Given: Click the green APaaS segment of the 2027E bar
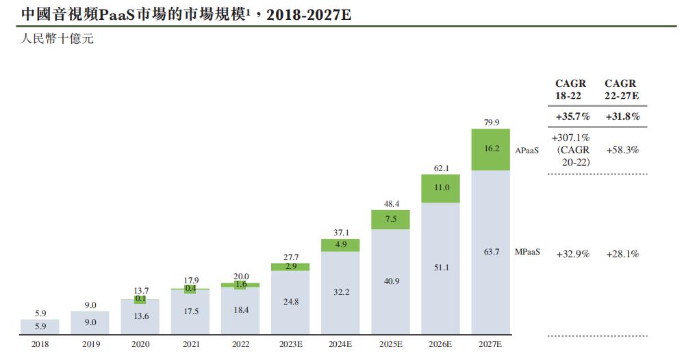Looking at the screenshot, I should pos(491,149).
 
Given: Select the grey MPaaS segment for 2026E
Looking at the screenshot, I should pos(440,268).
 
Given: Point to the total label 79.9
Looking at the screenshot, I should pos(491,123).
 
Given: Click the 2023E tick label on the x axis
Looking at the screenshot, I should pos(290,344).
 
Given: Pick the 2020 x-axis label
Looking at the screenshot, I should pos(140,344).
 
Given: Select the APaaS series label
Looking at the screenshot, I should pos(527,148).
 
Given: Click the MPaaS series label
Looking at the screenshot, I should pos(528,252).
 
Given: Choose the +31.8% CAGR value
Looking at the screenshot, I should pos(622,116).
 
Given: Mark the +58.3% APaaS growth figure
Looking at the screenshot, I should pos(622,150).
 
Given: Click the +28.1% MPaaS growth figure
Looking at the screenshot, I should pos(622,254).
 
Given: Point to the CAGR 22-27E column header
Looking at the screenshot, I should pos(622,90).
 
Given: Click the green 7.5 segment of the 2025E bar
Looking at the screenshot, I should pos(390,219).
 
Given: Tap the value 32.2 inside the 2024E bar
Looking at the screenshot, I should pos(340,292).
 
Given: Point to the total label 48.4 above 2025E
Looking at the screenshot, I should pos(390,204).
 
